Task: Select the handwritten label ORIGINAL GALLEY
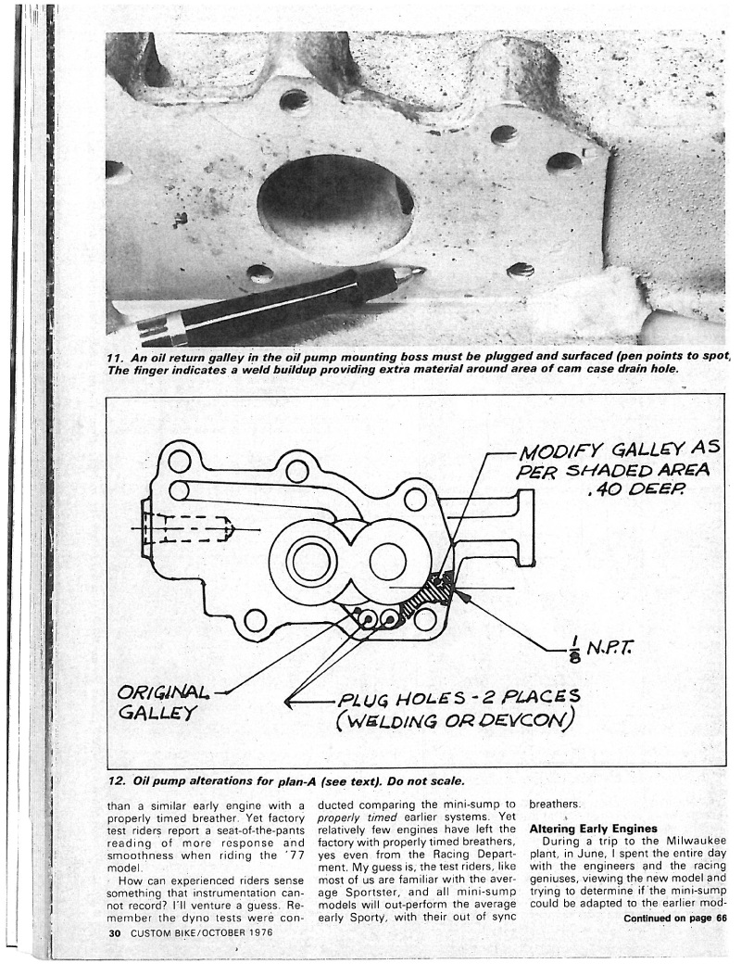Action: [x=159, y=703]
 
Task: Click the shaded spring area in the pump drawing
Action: [x=423, y=602]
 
